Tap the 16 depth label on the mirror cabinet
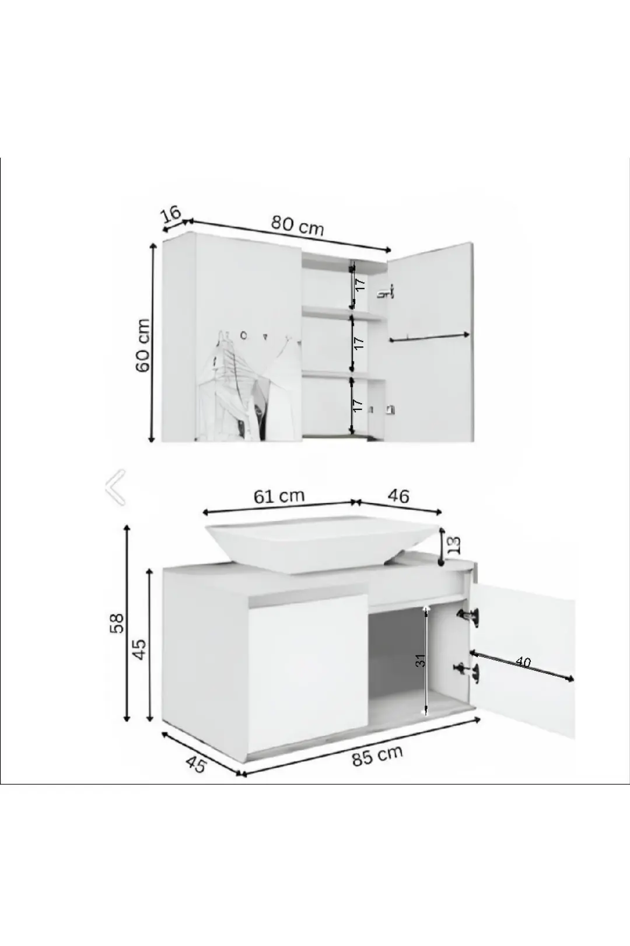171,214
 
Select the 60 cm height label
143,346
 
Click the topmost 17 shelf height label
359,284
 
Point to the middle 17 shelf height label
359,343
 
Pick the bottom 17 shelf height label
358,405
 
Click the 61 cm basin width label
279,496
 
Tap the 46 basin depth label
398,496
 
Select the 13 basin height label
454,547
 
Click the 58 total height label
117,623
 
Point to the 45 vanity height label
139,649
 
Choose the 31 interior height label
420,661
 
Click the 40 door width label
523,662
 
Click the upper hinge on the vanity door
469,617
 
